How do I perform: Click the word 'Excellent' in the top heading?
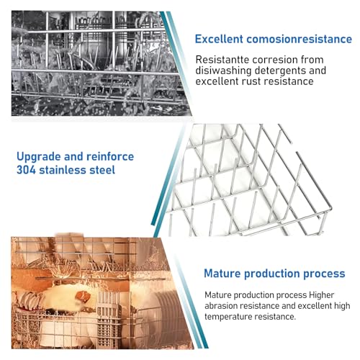coord(219,39)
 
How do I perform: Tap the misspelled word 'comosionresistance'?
coord(300,39)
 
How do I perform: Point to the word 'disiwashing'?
coord(223,71)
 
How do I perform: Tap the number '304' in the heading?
coord(26,170)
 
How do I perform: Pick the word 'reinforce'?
coord(110,156)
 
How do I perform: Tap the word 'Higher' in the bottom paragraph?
coord(321,295)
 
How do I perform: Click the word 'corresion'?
coord(274,60)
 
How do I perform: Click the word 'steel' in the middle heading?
coord(102,170)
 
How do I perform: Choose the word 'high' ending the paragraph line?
coord(342,306)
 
